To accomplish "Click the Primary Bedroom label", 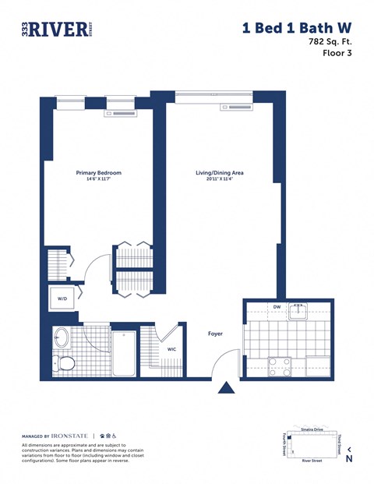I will click(x=98, y=172).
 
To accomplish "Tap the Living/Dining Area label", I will click(x=220, y=172).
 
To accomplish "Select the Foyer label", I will click(x=215, y=334).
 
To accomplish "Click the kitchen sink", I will click(x=298, y=312).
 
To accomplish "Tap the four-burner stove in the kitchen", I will click(x=279, y=366).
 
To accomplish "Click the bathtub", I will click(x=123, y=353).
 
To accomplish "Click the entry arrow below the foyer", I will click(x=227, y=387).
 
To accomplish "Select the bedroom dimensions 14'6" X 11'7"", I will click(x=98, y=180).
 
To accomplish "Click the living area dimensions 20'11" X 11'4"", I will click(x=220, y=180).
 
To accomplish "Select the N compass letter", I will click(x=349, y=458).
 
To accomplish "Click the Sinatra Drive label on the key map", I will click(x=312, y=430).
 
